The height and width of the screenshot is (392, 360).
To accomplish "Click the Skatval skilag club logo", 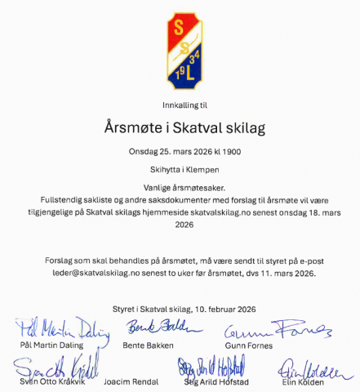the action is coord(180,49).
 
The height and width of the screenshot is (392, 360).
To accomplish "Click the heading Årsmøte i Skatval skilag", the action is coord(185,127).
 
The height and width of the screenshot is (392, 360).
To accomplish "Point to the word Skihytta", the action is coord(160,170).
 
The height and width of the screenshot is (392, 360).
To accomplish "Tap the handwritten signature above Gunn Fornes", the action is coord(276,330).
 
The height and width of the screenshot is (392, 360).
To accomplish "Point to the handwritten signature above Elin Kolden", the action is coord(309,368).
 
